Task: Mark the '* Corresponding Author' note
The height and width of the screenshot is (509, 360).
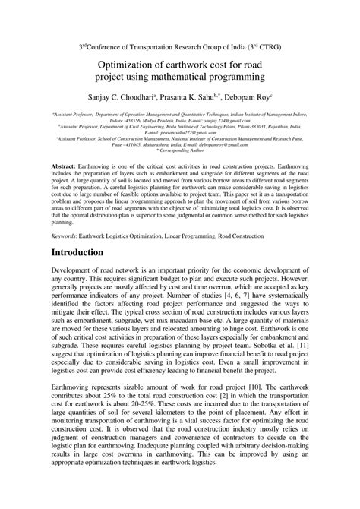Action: coord(180,151)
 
